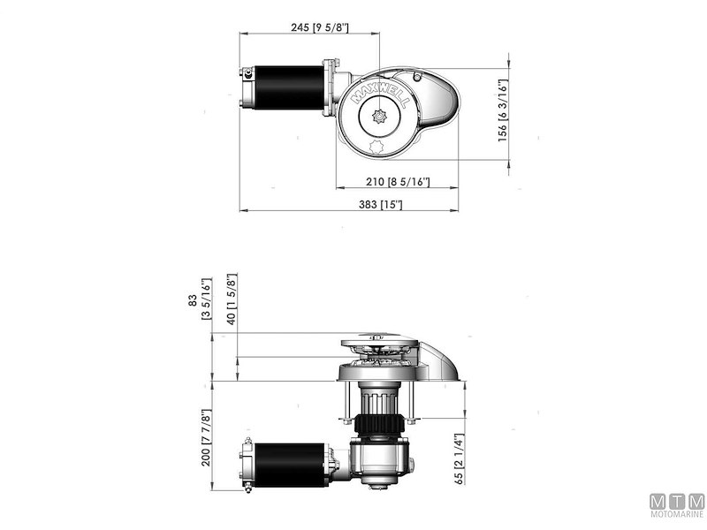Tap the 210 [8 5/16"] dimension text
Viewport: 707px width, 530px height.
[x=397, y=182]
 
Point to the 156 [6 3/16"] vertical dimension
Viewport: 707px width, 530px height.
[x=502, y=114]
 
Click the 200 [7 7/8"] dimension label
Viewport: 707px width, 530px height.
[x=205, y=437]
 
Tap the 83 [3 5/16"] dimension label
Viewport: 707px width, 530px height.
[x=200, y=300]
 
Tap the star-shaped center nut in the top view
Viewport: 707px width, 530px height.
[x=380, y=117]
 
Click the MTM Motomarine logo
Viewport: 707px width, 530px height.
[x=676, y=504]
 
